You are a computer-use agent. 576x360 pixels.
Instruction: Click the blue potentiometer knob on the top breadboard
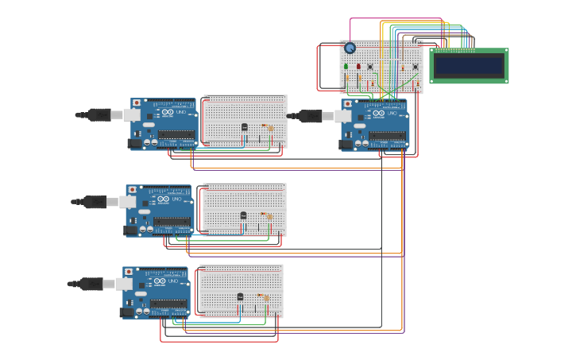pyautogui.click(x=350, y=48)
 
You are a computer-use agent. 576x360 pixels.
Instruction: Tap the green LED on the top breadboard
pyautogui.click(x=346, y=67)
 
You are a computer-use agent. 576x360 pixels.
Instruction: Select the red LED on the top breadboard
pyautogui.click(x=358, y=67)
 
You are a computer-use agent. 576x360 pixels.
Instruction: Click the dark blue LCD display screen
pyautogui.click(x=469, y=66)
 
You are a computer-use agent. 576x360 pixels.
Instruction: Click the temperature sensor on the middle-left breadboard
pyautogui.click(x=243, y=215)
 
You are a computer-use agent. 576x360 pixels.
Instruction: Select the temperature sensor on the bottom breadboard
pyautogui.click(x=240, y=296)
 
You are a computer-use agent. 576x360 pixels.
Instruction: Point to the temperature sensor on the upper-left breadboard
pyautogui.click(x=244, y=127)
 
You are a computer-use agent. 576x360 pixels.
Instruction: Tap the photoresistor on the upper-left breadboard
pyautogui.click(x=270, y=127)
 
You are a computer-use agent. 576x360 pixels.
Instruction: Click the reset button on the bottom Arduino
pyautogui.click(x=129, y=272)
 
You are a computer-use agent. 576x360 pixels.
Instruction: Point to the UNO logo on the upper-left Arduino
pyautogui.click(x=180, y=113)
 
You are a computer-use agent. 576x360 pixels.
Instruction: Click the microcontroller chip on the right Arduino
pyautogui.click(x=389, y=136)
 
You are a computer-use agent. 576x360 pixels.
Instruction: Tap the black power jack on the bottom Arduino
pyautogui.click(x=127, y=312)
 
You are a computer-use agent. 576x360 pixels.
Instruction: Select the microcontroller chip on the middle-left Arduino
pyautogui.click(x=172, y=222)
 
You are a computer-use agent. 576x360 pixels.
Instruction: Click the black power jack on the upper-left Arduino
pyautogui.click(x=135, y=144)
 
